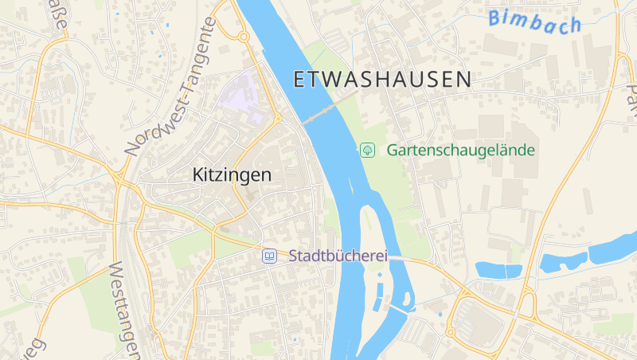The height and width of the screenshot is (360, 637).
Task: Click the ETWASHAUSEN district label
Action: point(382,79)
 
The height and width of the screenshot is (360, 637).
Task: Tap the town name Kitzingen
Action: point(232,174)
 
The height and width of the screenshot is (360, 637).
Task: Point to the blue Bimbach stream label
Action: point(535,22)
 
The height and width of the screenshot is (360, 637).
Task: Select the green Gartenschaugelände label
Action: point(460,150)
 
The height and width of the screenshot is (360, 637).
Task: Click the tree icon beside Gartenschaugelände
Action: point(368,150)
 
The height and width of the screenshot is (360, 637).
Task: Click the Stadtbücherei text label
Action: point(338,256)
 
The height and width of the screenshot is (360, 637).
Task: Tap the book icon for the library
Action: point(270,256)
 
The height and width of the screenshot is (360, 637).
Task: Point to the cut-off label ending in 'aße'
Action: point(59,18)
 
